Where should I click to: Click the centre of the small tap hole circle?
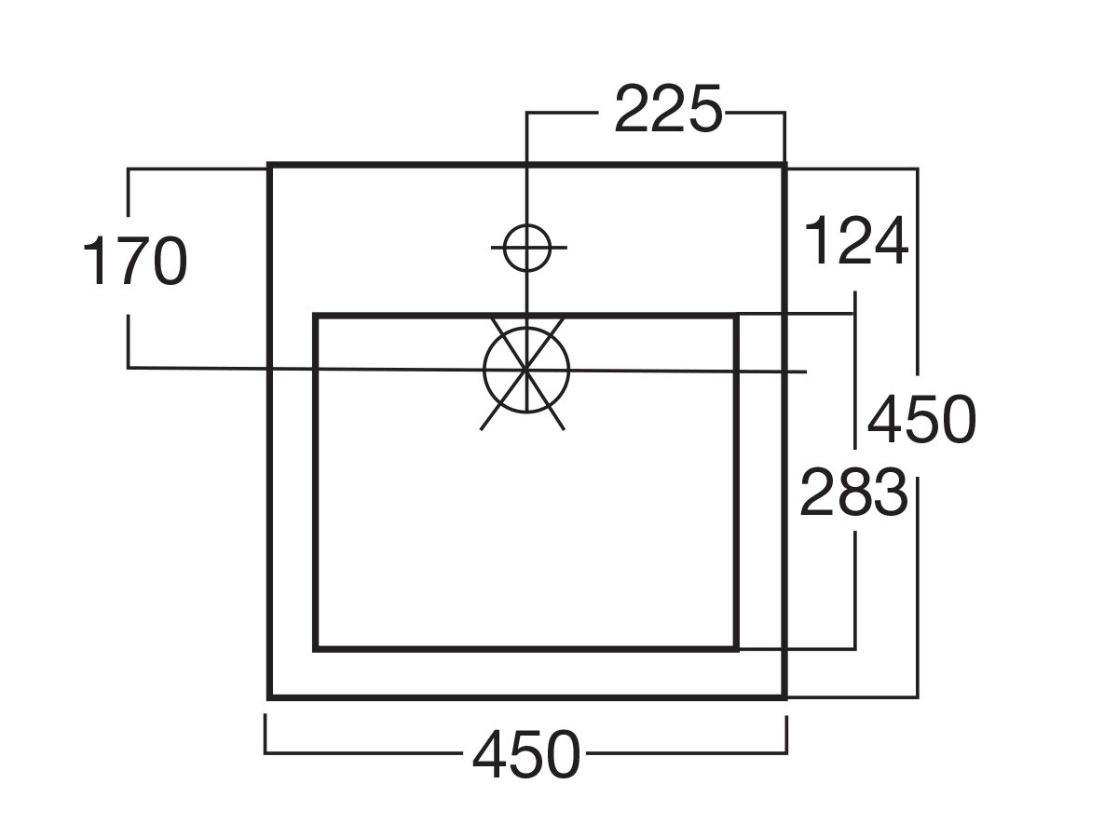coord(527,248)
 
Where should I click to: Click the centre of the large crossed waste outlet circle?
coord(526,370)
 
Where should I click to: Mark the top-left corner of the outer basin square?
coord(269,164)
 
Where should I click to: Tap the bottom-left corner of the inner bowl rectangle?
coord(315,649)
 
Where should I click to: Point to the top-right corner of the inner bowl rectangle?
coord(736,316)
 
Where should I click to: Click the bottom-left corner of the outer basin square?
coord(269,697)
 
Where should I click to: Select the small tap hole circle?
coord(527,248)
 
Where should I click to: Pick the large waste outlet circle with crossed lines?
coord(526,370)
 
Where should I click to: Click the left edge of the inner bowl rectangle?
coord(315,482)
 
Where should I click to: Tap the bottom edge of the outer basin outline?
coord(526,697)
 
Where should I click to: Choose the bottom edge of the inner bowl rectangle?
coord(525,649)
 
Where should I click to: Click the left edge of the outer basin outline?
coord(269,431)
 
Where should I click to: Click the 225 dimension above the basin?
coord(668,109)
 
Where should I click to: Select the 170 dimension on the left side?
coord(135,261)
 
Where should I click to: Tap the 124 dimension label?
coord(855,240)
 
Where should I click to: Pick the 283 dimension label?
coord(853,492)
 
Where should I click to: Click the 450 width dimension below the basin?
coord(526,754)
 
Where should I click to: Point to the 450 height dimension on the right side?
coord(921,418)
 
